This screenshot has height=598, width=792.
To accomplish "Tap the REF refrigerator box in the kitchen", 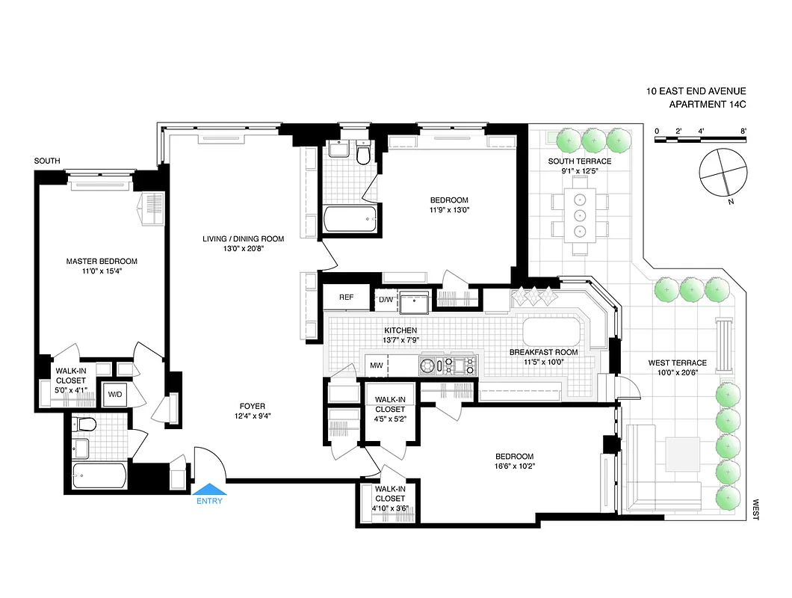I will pyautogui.click(x=346, y=298).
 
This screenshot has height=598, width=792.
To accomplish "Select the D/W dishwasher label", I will pyautogui.click(x=386, y=300).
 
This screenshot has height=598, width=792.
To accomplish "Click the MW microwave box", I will pyautogui.click(x=377, y=366).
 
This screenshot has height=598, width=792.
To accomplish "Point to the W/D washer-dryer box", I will pyautogui.click(x=115, y=394).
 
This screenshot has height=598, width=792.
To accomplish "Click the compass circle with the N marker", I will pyautogui.click(x=722, y=173).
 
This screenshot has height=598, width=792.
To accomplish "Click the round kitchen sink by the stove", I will pyautogui.click(x=427, y=366).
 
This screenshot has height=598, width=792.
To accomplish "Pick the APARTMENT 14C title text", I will pyautogui.click(x=696, y=105).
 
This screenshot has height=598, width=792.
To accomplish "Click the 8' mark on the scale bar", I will pyautogui.click(x=743, y=131).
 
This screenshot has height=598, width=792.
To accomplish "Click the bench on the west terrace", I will pyautogui.click(x=724, y=345).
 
